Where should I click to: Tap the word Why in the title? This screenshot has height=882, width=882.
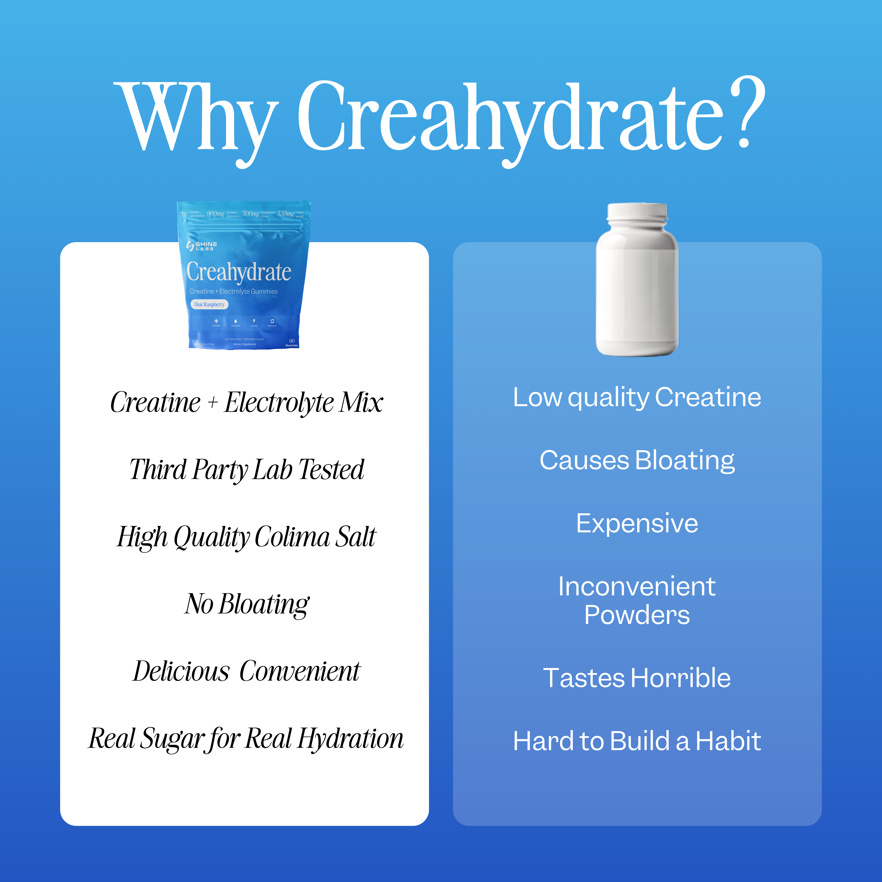point(196,119)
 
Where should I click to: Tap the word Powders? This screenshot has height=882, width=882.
point(637,615)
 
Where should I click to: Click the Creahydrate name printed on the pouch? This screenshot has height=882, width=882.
point(239,272)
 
